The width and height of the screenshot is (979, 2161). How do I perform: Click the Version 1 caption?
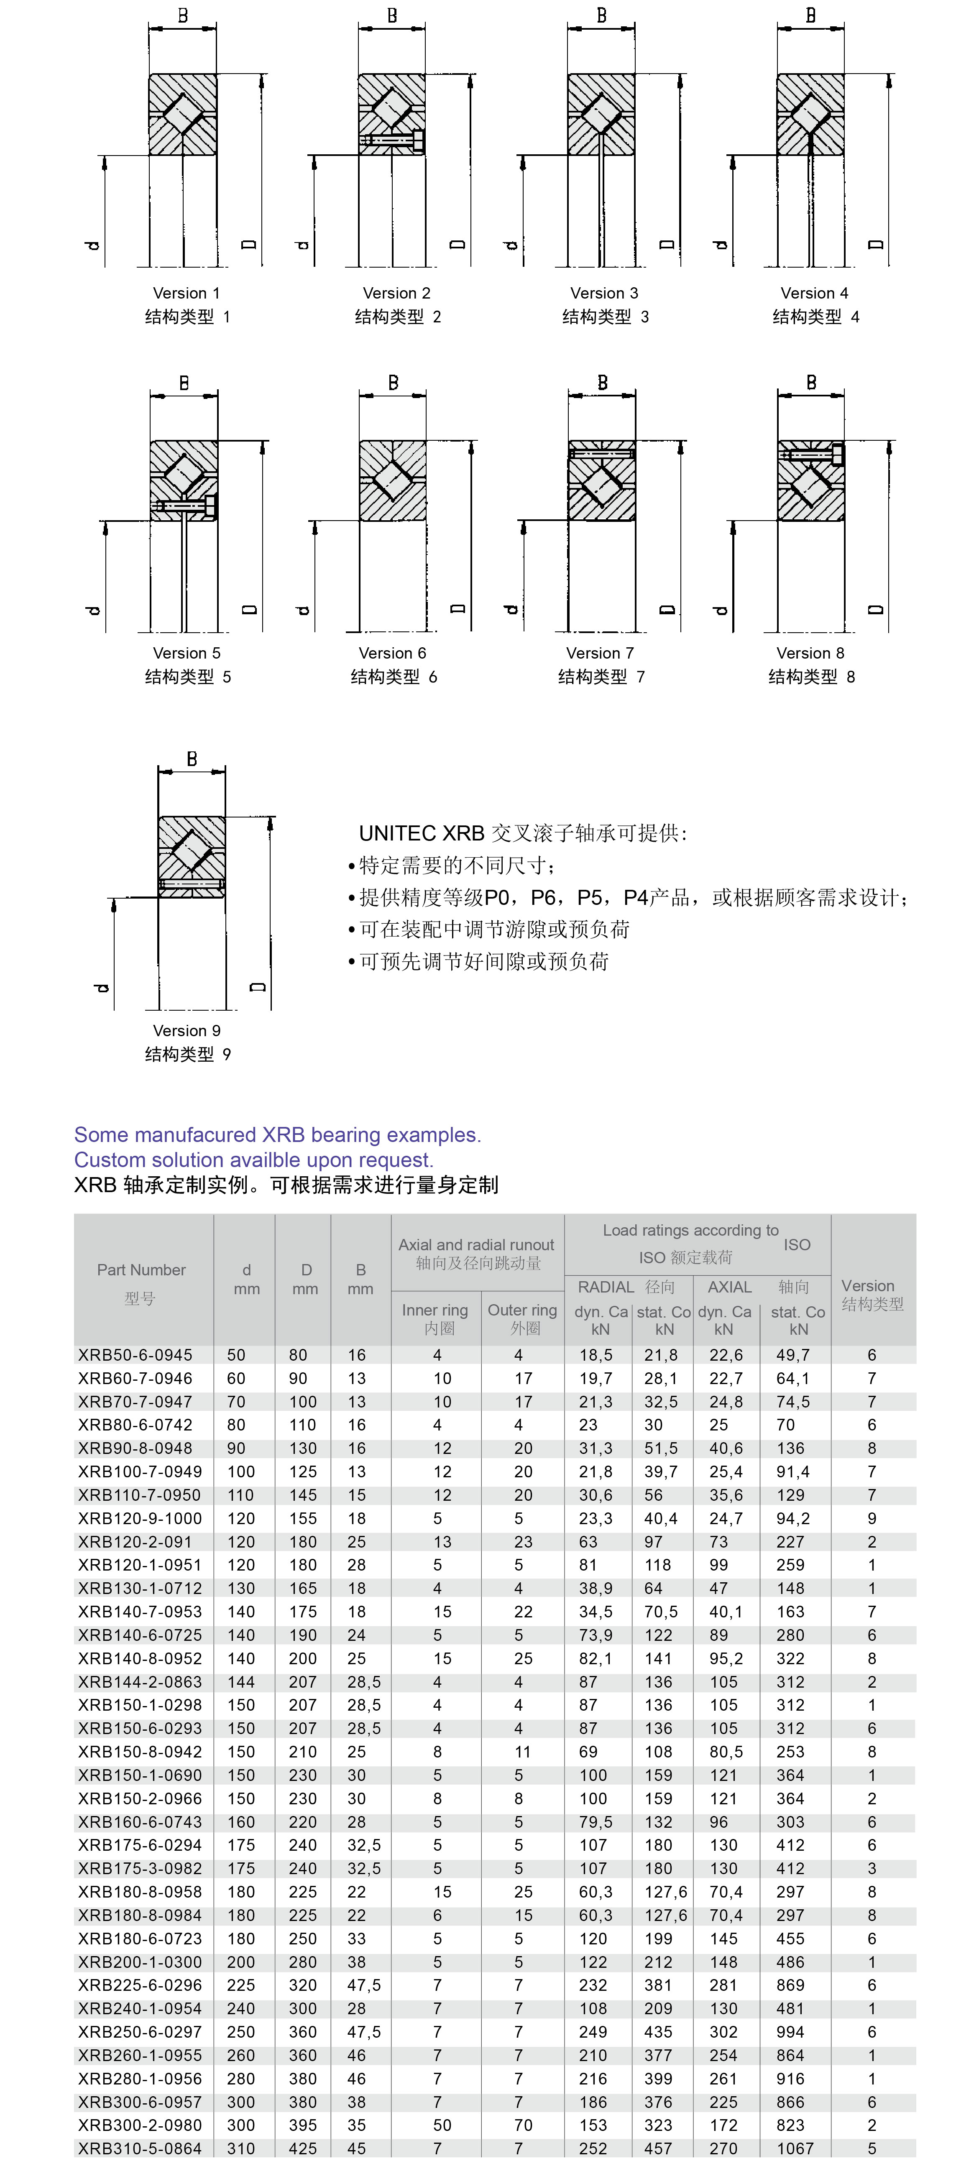pos(186,293)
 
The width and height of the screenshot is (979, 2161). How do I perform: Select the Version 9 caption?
pos(186,1030)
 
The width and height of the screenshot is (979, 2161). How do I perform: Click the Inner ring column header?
pos(435,1310)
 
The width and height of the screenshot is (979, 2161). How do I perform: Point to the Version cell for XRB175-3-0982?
pos(872,1868)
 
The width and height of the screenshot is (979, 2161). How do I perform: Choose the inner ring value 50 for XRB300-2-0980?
pos(442,2125)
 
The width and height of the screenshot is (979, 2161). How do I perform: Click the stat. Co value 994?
pos(790,2032)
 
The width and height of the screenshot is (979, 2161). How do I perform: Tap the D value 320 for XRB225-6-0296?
pos(303,1985)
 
